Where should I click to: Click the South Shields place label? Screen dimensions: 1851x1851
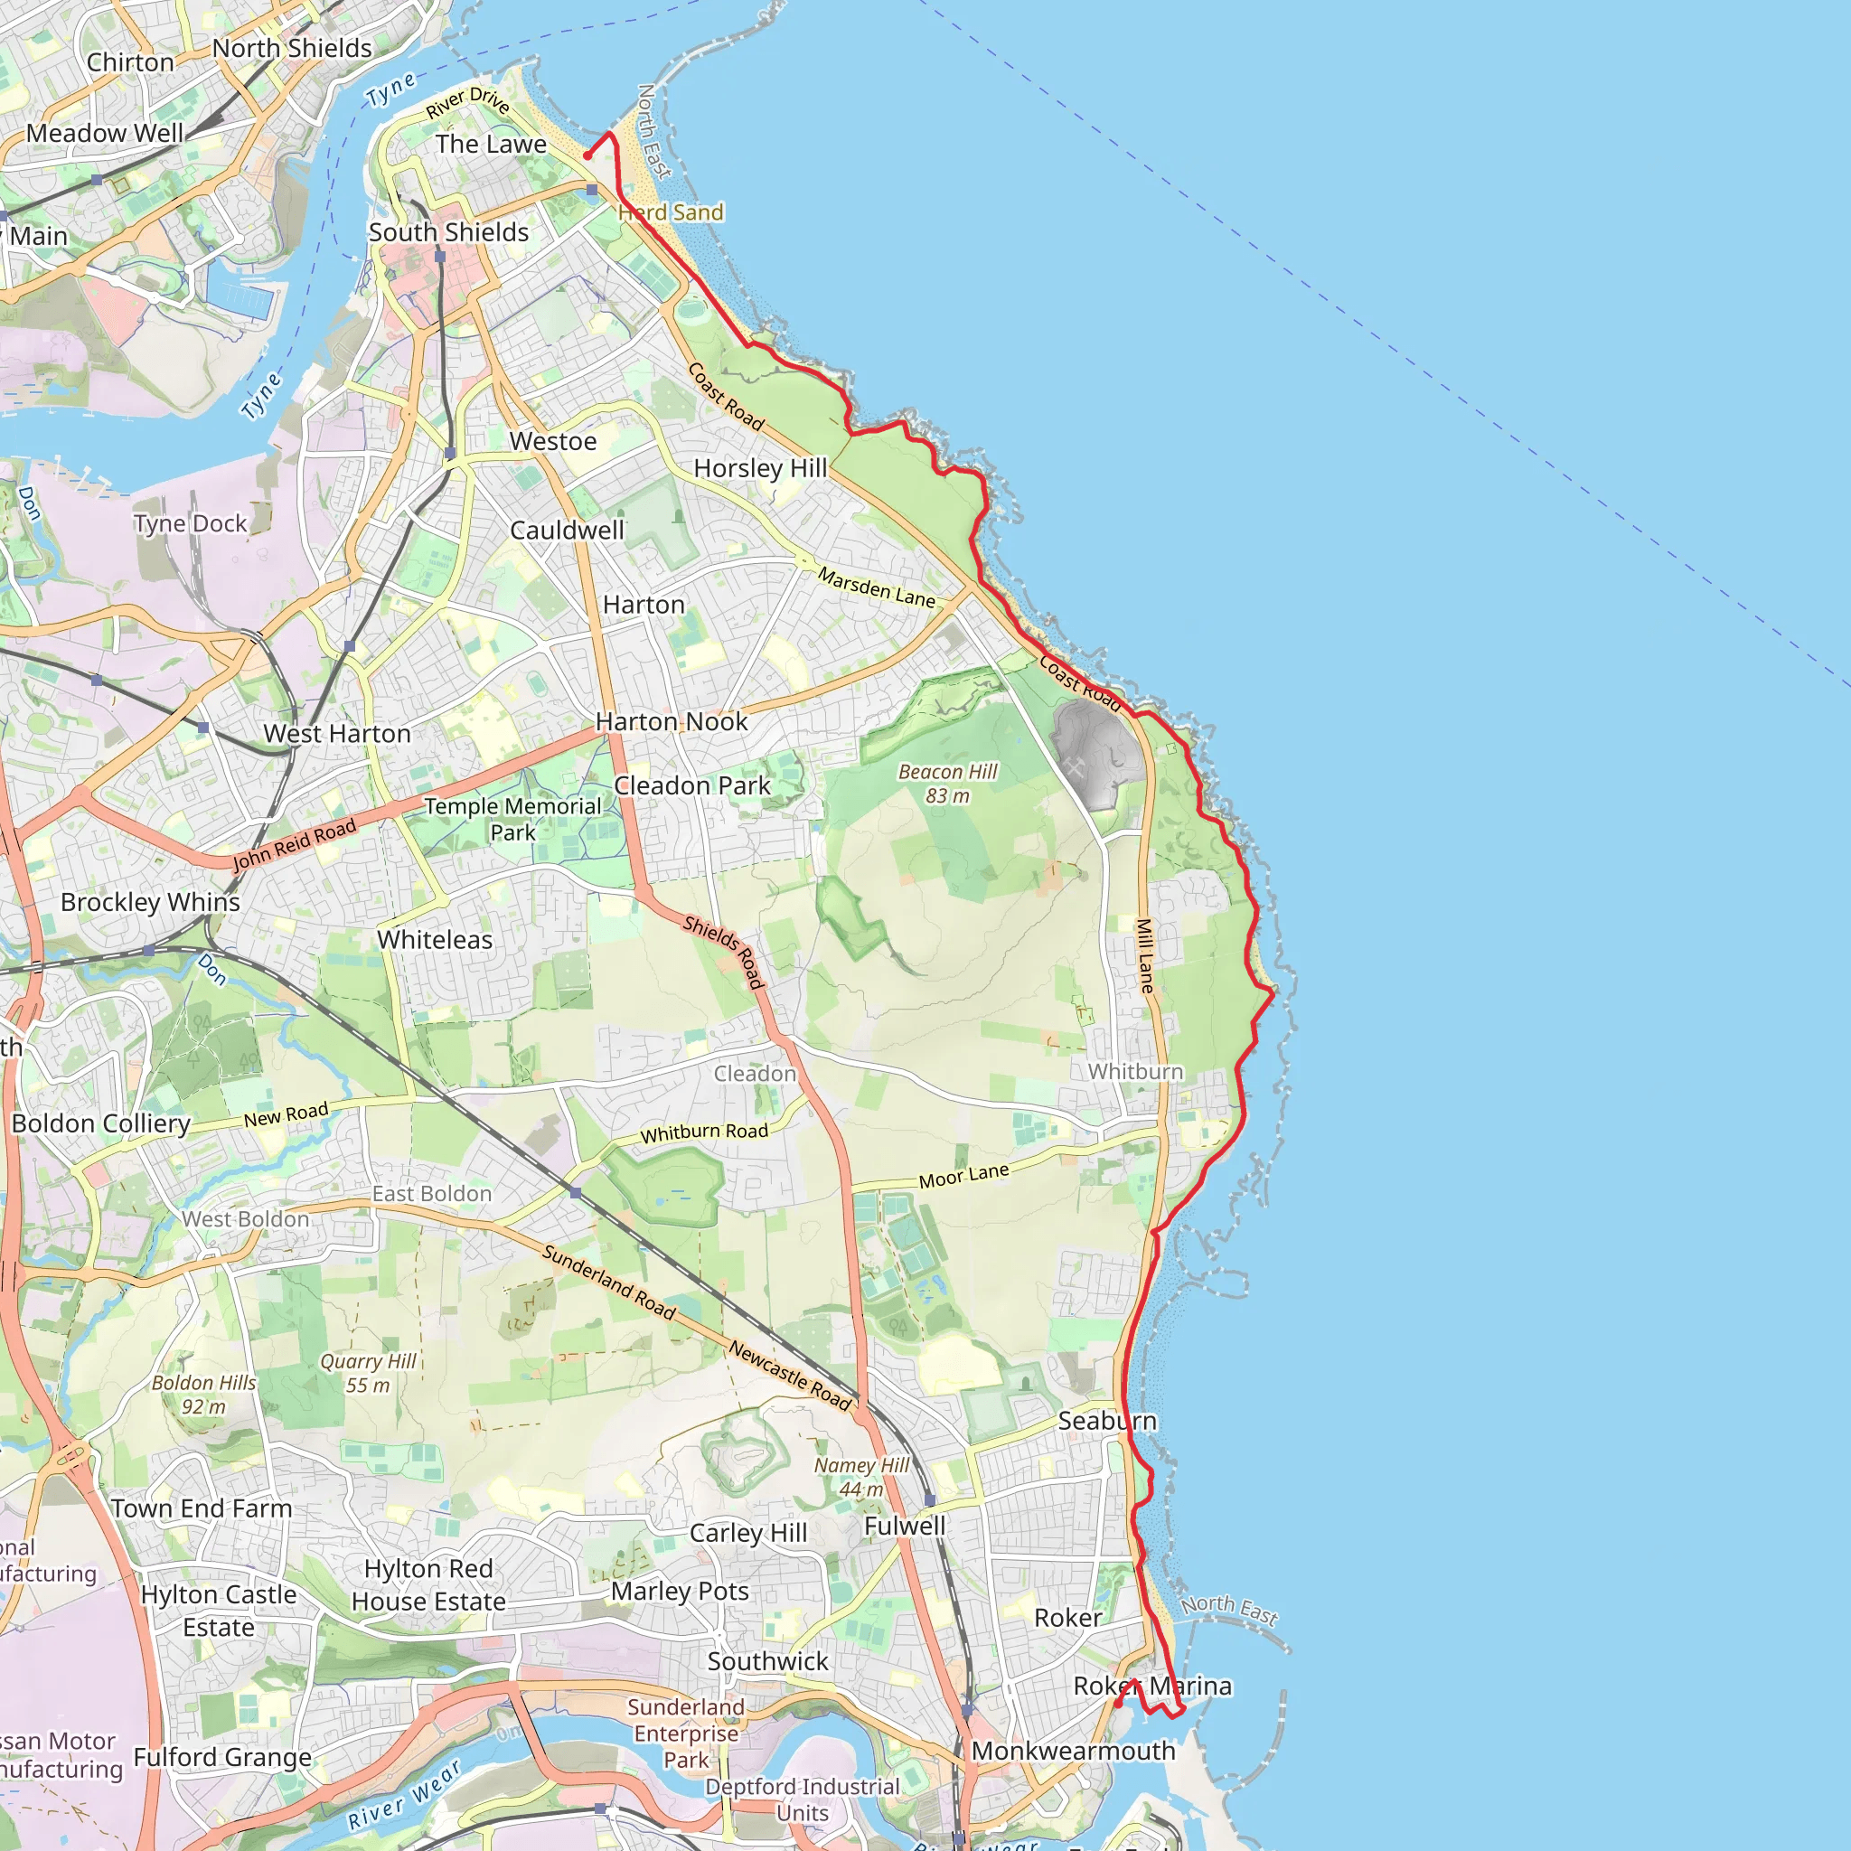coord(448,233)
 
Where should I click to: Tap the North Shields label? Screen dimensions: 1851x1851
coord(291,48)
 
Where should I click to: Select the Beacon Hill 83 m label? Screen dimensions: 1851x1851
coord(947,784)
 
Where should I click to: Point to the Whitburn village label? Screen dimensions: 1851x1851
coord(1135,1071)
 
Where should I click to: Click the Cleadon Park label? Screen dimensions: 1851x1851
coord(691,785)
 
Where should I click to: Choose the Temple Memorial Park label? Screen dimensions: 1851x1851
coord(512,819)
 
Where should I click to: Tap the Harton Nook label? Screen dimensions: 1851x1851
coord(671,721)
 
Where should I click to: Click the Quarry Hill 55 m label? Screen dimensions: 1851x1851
coord(368,1373)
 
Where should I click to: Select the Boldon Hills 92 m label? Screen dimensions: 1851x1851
coord(204,1394)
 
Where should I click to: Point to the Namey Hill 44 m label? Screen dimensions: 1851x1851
coord(861,1477)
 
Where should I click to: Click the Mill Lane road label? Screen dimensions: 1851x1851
coord(1145,955)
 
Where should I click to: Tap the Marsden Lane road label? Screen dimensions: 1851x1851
coord(876,587)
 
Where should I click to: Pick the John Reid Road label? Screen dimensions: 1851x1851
coord(294,845)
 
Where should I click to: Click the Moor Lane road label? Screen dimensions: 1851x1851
coord(963,1176)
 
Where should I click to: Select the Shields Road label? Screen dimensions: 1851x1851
coord(723,952)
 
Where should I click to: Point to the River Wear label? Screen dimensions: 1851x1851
coord(403,1796)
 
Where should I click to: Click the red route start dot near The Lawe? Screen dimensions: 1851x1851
coord(587,155)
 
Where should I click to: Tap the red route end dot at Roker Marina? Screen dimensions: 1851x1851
coord(1118,1705)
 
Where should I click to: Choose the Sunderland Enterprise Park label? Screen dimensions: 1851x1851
coord(686,1734)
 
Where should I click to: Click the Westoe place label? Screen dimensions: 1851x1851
coord(553,442)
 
